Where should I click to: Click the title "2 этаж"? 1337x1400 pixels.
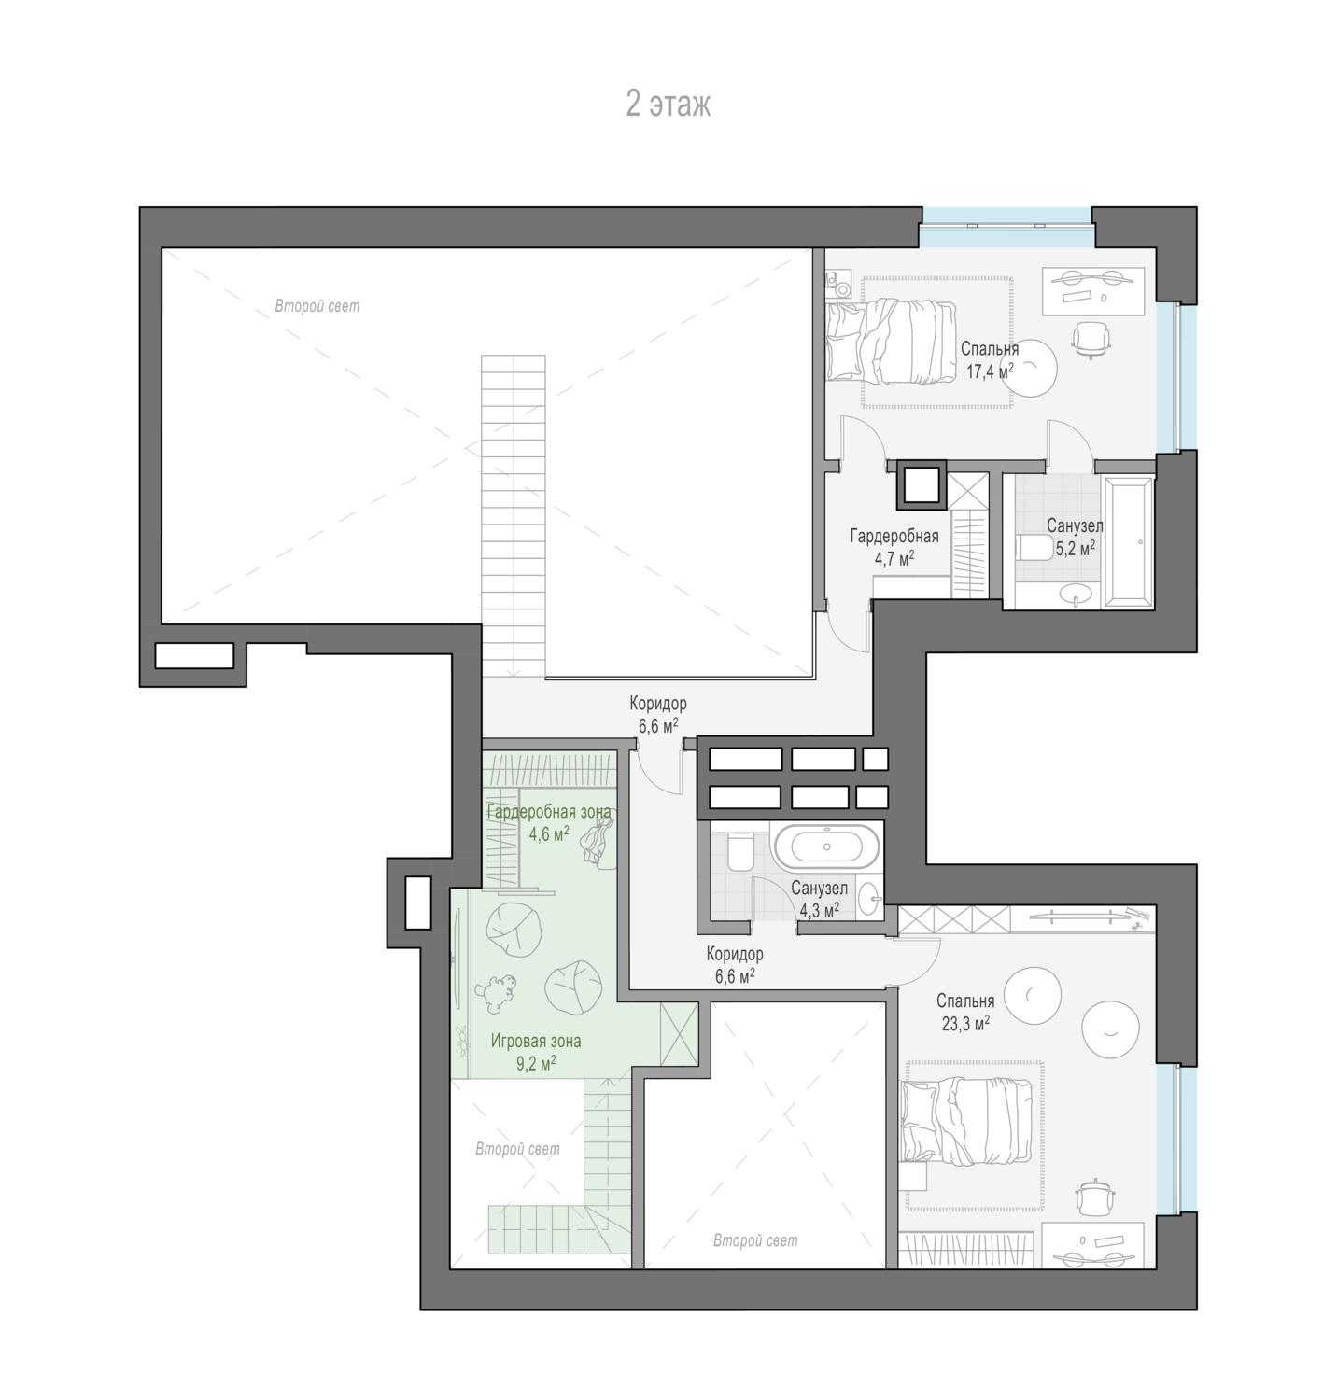coord(668,104)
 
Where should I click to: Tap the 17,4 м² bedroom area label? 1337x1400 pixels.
coord(990,371)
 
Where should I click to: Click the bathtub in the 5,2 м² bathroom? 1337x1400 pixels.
coord(1128,542)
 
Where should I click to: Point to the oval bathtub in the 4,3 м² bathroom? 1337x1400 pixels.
coord(826,847)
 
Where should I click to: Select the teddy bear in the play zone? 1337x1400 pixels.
coord(495,993)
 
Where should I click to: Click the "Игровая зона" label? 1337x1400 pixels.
coord(536,1041)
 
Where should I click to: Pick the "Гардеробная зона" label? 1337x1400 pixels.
coord(549,812)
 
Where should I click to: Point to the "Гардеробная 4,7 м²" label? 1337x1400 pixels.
coord(894,547)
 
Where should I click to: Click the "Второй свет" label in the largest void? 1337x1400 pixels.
coord(317,306)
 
